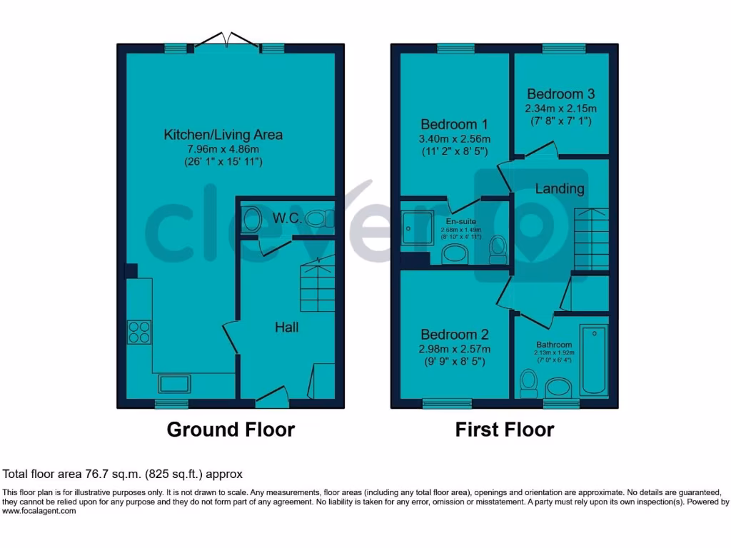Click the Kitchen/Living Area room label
[223, 134]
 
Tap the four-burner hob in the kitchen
[139, 333]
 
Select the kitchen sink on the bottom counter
[174, 384]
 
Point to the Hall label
[287, 328]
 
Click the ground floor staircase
[318, 285]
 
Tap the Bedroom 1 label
[454, 123]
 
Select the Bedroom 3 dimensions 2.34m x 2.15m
[560, 108]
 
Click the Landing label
[560, 189]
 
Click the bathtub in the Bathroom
[594, 360]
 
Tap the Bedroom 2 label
[454, 335]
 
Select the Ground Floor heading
[231, 430]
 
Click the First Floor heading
[505, 430]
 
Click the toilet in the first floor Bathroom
[529, 382]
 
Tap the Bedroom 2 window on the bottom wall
[447, 404]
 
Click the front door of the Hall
[272, 397]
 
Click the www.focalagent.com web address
[39, 511]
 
